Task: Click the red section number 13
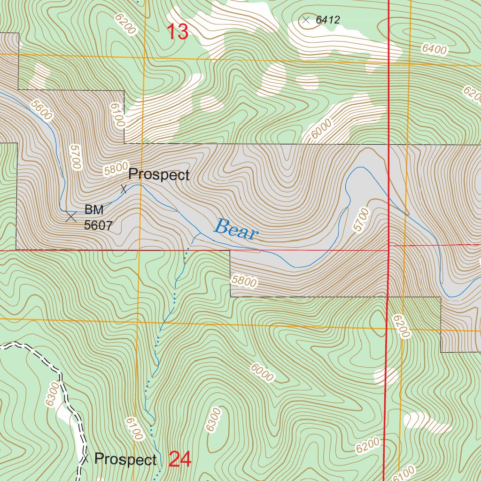pos(178,32)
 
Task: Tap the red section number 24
pos(180,459)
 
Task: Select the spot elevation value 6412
pos(327,20)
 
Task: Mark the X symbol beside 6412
pos(306,20)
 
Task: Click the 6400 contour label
pos(434,49)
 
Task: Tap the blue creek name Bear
pos(236,230)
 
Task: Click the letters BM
pos(94,209)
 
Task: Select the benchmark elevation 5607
pos(98,225)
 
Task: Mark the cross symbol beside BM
pos(71,217)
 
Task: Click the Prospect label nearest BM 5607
pos(159,175)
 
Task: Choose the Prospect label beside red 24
pos(125,459)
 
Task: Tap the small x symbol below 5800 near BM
pos(124,189)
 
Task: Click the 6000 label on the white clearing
pos(320,128)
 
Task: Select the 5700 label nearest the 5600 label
pos(75,157)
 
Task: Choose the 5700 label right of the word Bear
pos(362,219)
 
